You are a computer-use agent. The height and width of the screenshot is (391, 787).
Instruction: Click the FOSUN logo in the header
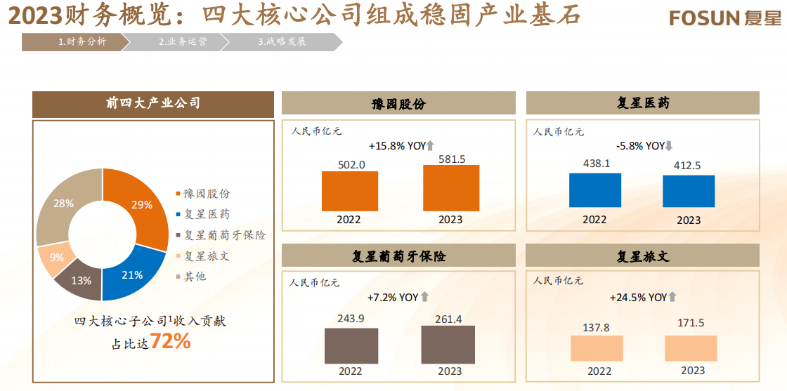(724, 18)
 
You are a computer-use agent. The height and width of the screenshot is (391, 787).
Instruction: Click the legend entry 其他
(195, 276)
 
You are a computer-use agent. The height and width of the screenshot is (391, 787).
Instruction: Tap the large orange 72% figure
(170, 342)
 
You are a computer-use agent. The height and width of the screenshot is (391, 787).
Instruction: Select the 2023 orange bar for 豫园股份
(451, 188)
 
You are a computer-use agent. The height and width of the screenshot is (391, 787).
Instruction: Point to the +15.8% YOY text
(398, 146)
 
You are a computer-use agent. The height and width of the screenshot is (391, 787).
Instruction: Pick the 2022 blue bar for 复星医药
(594, 190)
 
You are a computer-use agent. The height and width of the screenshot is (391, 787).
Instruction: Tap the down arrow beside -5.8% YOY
(669, 146)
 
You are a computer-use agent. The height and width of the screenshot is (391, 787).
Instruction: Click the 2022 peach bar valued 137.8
(597, 348)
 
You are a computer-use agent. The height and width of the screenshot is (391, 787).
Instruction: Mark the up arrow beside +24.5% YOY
(672, 297)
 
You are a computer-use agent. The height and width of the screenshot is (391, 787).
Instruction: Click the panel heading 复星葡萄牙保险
(398, 256)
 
